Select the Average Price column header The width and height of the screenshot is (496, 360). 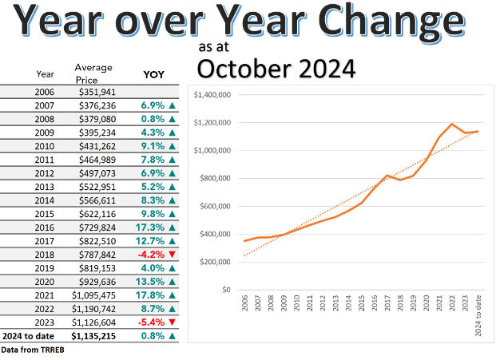93,73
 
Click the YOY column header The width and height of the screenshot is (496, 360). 153,74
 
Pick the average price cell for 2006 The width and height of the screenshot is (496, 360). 97,93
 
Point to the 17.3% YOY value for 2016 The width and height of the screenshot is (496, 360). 152,227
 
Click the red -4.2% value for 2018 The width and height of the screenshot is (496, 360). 153,255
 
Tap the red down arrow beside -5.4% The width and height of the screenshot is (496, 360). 171,322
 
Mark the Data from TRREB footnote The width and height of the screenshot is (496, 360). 31,350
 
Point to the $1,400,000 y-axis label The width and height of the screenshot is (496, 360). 213,95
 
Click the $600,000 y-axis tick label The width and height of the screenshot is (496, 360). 216,206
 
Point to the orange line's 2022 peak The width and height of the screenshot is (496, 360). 451,124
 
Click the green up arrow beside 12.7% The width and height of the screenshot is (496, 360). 171,241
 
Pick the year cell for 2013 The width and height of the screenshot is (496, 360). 45,187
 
